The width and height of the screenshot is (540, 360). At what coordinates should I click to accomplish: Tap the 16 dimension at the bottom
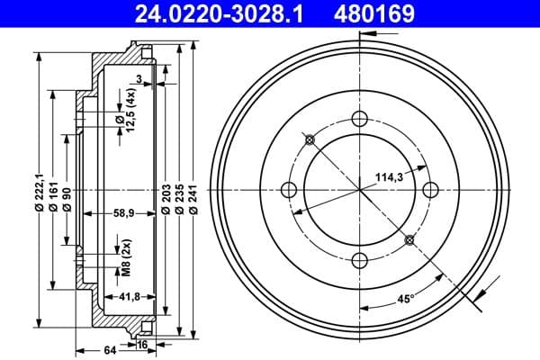143,343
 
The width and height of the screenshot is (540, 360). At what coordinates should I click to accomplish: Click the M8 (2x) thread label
126,255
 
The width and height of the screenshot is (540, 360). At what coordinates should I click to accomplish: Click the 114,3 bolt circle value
390,178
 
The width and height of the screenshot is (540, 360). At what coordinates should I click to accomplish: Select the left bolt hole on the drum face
290,189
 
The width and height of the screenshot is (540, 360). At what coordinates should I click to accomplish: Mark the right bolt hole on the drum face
431,189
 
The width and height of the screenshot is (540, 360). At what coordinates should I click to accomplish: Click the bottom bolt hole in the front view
361,260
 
